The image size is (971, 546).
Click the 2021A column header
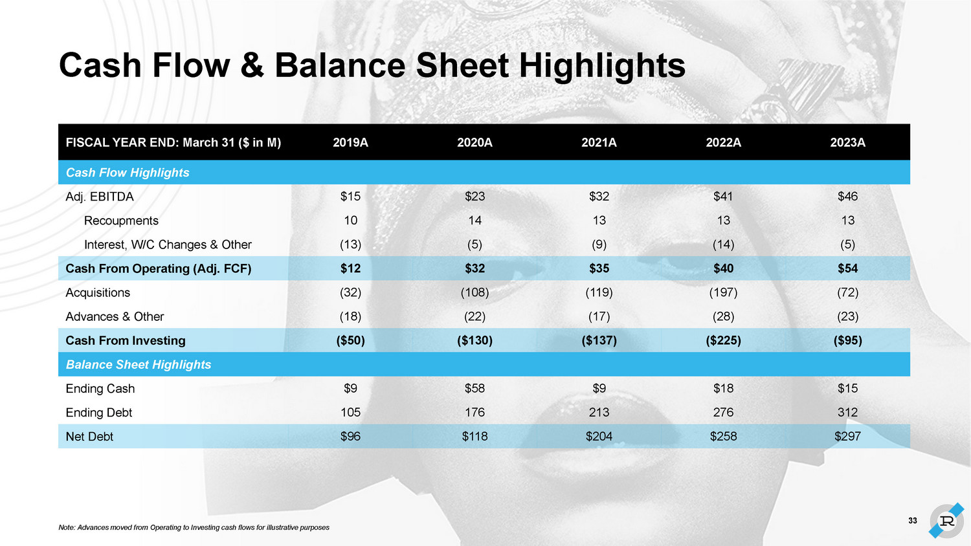point(599,142)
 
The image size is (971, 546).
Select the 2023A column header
point(847,142)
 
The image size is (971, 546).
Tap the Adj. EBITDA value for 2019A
point(350,196)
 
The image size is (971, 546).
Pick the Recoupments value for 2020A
point(474,221)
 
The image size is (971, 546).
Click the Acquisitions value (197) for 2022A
point(723,292)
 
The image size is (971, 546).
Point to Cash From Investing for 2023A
point(847,340)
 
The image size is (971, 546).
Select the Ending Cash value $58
point(474,388)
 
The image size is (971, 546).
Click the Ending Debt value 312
point(847,412)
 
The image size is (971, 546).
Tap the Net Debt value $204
point(599,436)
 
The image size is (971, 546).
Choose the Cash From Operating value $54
point(847,268)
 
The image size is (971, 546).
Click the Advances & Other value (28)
point(723,316)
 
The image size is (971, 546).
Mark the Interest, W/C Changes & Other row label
point(168,245)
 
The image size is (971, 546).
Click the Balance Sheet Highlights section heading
point(139,364)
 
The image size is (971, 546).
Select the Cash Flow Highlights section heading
point(128,173)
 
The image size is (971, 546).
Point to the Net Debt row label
point(89,437)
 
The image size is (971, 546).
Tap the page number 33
point(913,521)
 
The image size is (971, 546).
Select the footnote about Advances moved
point(194,527)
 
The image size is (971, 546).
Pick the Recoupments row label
point(121,221)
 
